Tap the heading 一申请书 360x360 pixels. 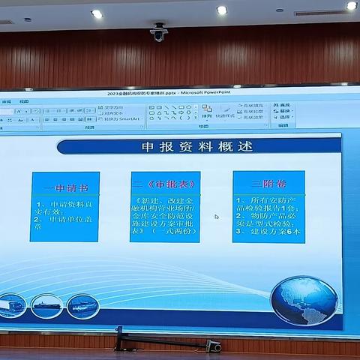64,184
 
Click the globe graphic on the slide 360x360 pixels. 304,301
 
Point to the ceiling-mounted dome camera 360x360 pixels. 158,32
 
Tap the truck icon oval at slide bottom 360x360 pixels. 13,305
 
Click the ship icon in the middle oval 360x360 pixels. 46,306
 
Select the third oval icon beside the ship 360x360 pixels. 82,306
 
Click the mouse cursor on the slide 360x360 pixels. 217,217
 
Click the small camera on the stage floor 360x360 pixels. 214,346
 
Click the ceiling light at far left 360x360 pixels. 97,13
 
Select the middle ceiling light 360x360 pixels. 221,10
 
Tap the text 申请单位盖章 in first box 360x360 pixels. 60,221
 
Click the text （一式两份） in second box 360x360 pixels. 169,232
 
